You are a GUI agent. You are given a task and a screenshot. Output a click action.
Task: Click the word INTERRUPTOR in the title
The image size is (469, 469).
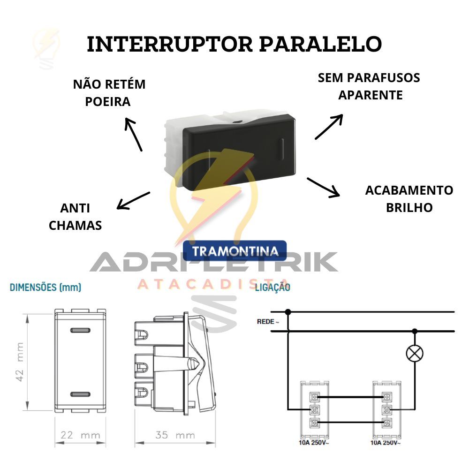coord(170,44)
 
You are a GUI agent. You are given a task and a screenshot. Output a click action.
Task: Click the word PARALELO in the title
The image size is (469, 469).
coord(320,44)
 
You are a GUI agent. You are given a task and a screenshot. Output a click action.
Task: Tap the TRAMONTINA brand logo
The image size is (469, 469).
coord(235,250)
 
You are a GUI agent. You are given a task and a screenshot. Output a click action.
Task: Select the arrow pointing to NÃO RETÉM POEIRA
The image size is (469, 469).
coord(133,134)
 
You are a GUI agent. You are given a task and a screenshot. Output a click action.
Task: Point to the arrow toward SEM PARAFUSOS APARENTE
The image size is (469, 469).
coord(329,127)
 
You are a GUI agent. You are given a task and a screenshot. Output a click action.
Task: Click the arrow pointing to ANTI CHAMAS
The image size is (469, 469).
coord(133,201)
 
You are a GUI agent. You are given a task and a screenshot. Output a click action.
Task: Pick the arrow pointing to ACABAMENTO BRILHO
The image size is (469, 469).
coord(323,188)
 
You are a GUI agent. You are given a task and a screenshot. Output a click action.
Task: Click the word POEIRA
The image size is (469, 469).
coord(108,102)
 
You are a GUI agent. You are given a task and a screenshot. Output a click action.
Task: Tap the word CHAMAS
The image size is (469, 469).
coord(76,226)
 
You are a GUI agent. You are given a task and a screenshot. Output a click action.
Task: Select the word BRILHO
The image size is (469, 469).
coord(409,208)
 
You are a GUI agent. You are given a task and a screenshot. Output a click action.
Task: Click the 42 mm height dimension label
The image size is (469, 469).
coord(20,362)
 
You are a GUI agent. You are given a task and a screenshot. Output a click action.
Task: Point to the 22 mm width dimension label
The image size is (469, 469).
coord(80,435)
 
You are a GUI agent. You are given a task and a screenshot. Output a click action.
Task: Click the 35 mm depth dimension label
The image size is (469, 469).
coord(175,435)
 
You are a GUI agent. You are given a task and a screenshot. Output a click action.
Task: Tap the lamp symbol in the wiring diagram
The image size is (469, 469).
coord(415,354)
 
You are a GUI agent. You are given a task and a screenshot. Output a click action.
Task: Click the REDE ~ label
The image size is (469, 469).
coord(268,322)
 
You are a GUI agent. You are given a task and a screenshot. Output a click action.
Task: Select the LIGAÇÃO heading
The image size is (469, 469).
coord(272,287)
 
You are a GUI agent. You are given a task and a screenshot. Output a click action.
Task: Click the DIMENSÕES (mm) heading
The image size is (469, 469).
coord(45,287)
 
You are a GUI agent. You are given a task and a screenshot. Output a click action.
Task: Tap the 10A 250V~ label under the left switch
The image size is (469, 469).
coord(314,443)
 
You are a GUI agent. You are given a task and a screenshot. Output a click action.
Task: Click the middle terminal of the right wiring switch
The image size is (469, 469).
coord(386,410)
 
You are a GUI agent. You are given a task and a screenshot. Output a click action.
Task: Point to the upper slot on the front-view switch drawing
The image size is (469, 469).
coord(80,331)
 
